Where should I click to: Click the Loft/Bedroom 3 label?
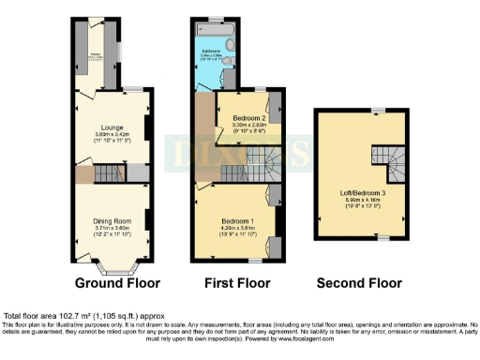click(x=364, y=192)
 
